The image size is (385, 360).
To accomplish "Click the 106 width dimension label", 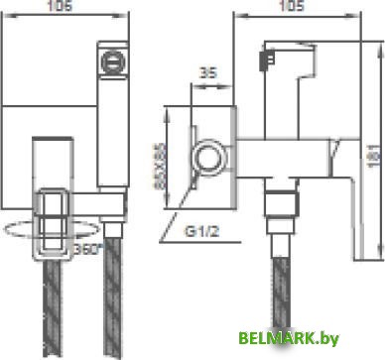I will [63, 8].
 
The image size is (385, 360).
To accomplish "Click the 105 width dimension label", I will [291, 8].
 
